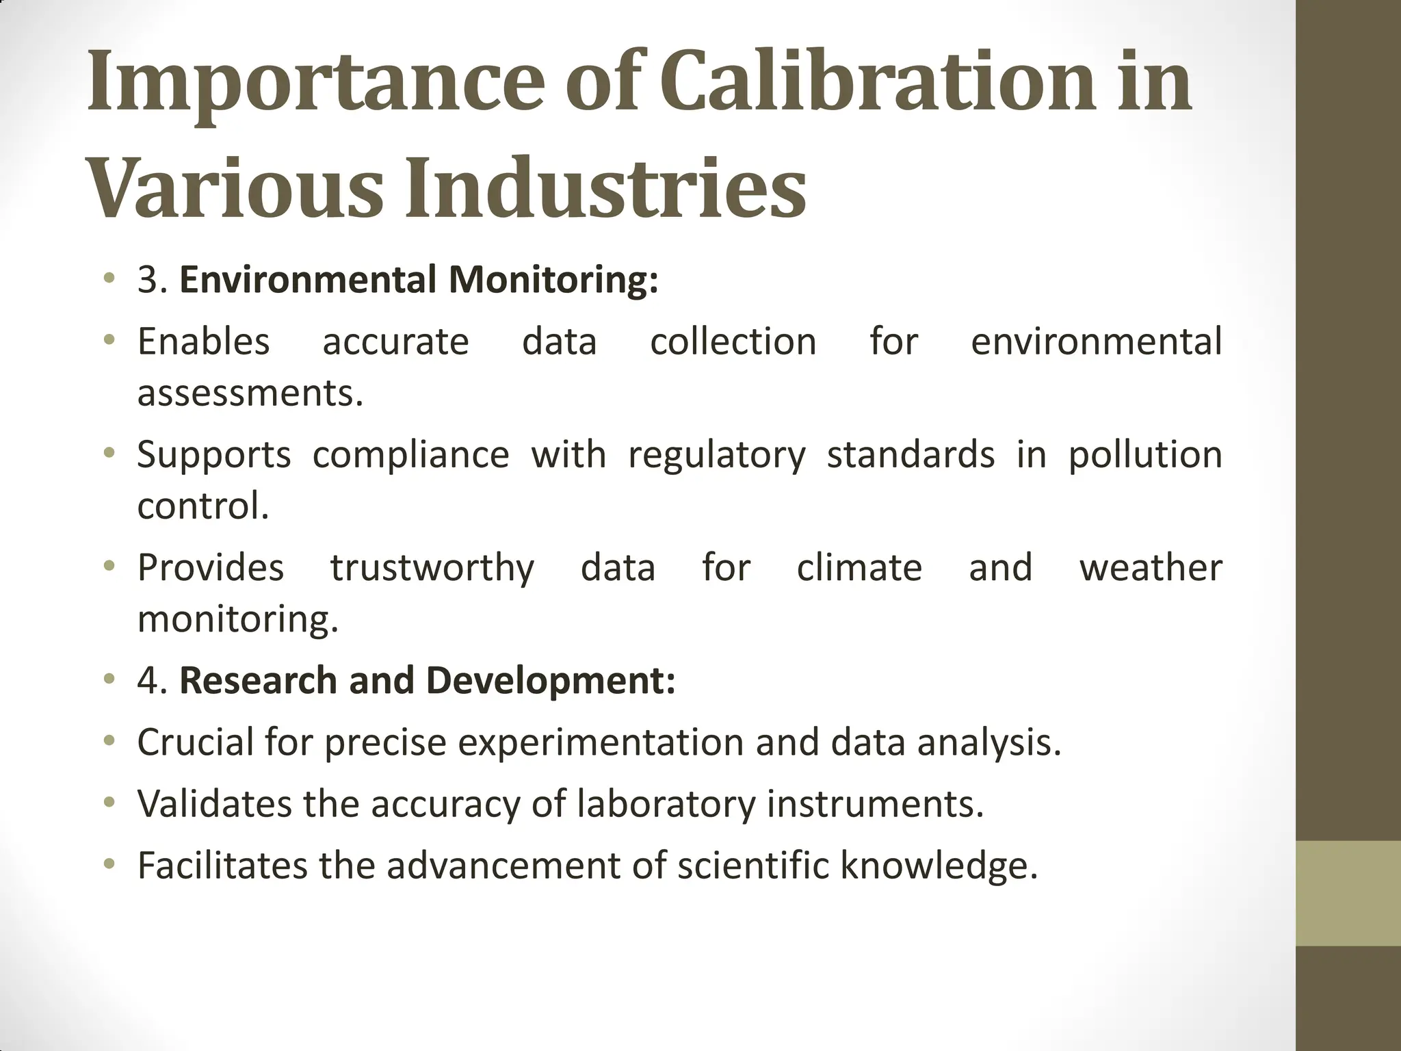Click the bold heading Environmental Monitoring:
419,281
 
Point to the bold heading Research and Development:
427,681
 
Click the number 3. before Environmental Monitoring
153,281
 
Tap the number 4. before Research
153,681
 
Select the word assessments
250,393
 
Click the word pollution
1145,455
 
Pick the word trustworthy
432,568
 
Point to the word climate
859,568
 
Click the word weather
1151,568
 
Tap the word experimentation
601,742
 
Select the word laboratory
666,804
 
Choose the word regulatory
717,455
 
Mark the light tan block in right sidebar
1348,893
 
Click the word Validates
214,804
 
